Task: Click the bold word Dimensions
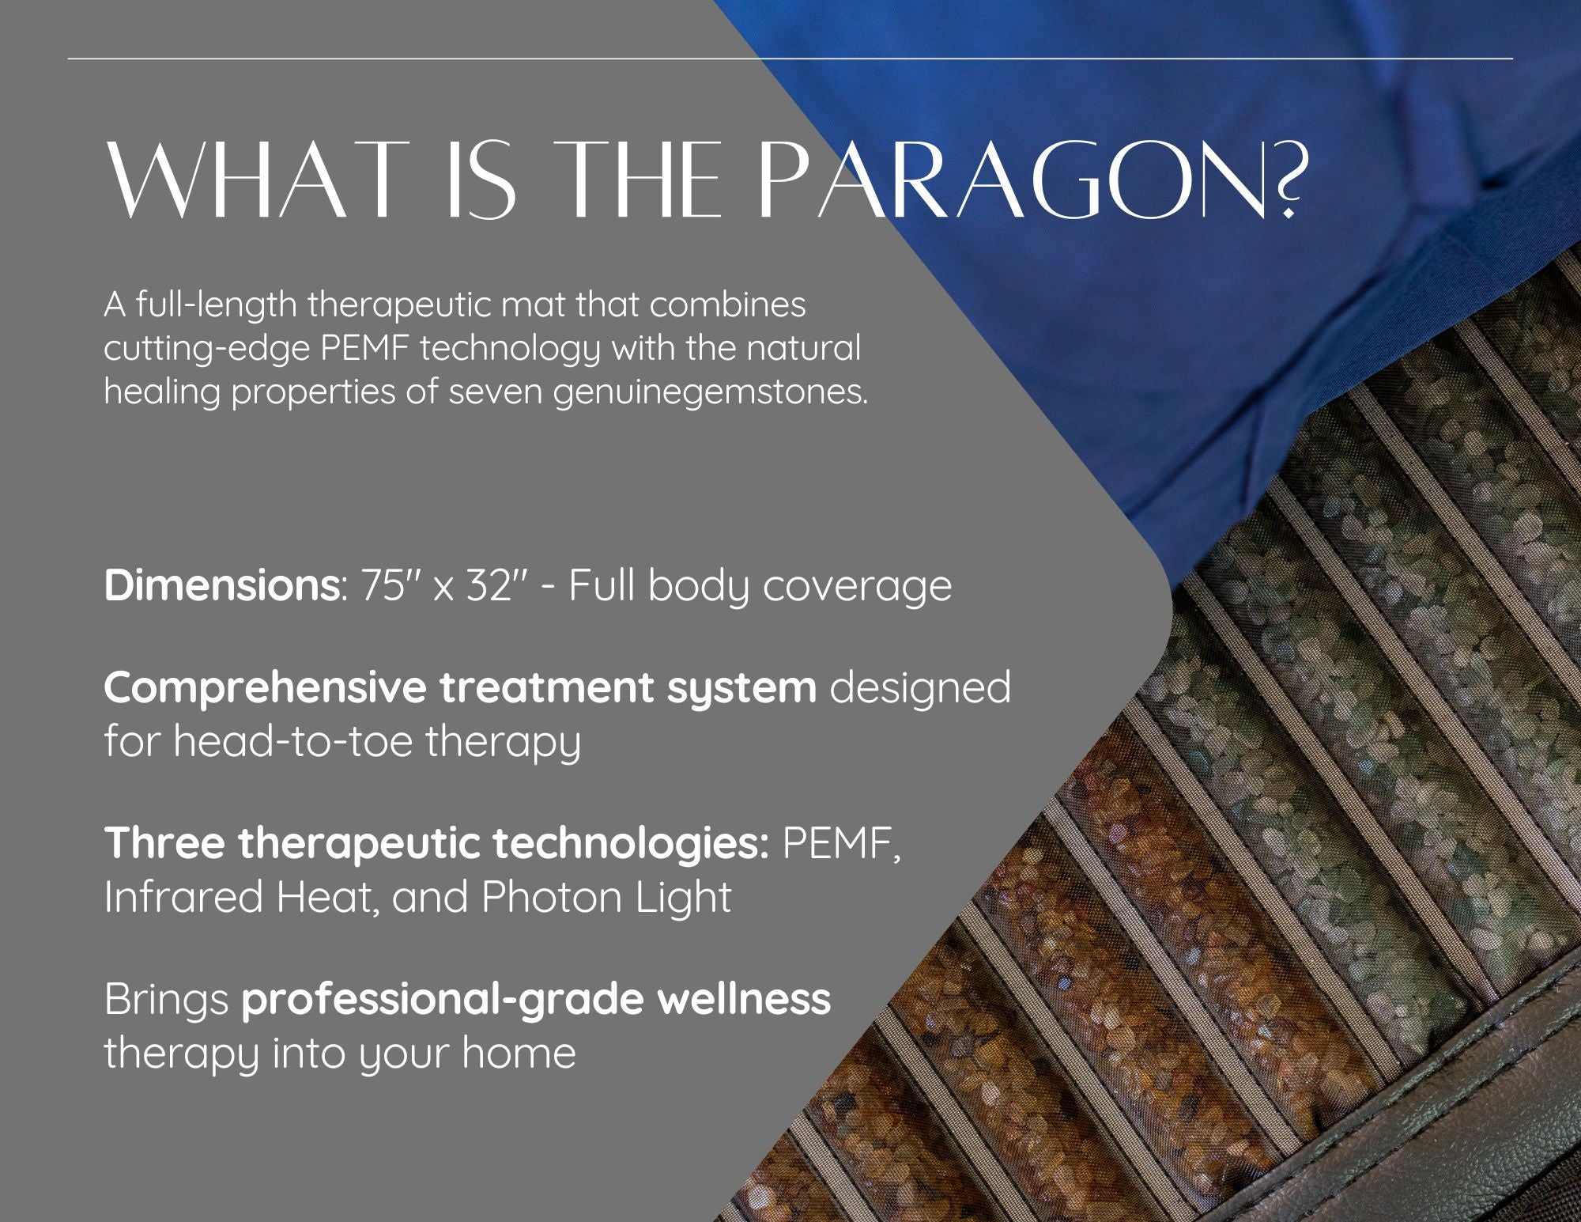point(221,586)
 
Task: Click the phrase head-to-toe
point(292,741)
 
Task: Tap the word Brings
point(166,1001)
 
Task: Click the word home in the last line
point(519,1053)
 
